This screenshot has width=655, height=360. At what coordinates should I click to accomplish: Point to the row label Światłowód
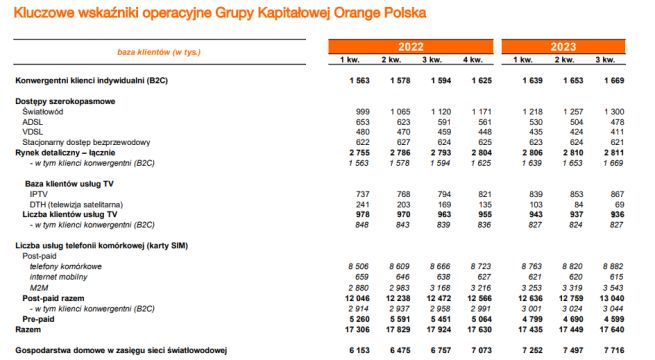pyautogui.click(x=42, y=112)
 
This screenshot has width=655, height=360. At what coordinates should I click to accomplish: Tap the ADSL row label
pyautogui.click(x=33, y=122)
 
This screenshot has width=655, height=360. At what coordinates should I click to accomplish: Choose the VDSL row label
pyautogui.click(x=33, y=132)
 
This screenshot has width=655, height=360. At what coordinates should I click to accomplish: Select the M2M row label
pyautogui.click(x=39, y=286)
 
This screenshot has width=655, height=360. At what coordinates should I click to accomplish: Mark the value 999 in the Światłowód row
pyautogui.click(x=350, y=112)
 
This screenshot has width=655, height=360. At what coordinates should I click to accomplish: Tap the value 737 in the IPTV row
pyautogui.click(x=350, y=193)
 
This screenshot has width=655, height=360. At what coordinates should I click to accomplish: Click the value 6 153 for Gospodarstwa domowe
pyautogui.click(x=346, y=351)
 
